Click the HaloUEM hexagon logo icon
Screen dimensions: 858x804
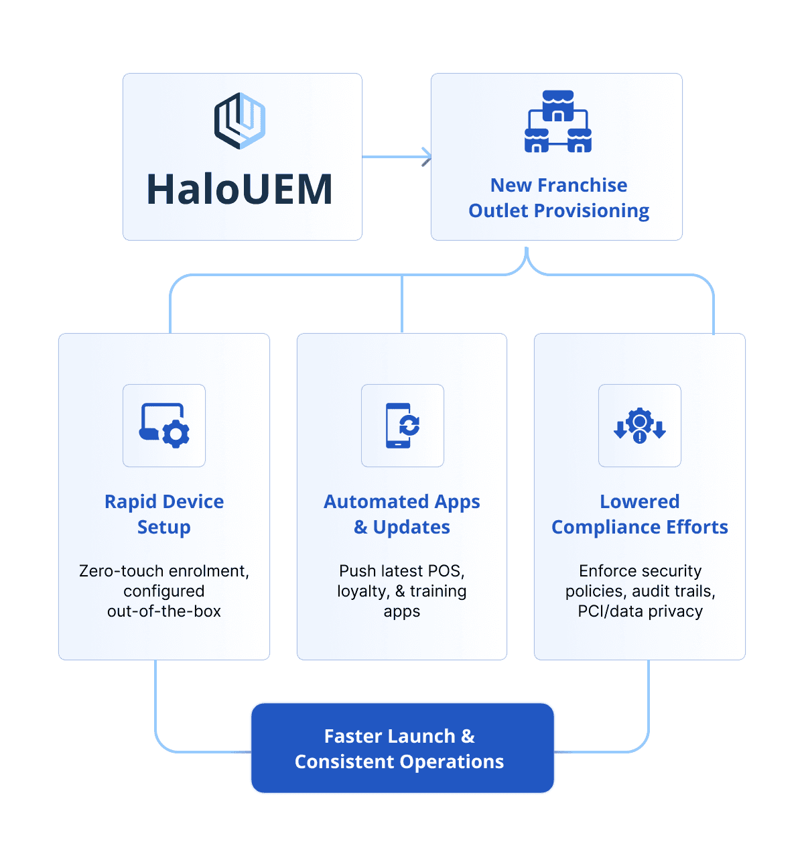240,121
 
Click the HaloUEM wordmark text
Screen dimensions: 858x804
240,189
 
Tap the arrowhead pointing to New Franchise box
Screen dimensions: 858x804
427,157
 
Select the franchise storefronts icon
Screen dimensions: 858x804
557,122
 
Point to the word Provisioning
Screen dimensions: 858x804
592,211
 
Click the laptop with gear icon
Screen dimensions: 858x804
164,426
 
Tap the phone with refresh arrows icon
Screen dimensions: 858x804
402,426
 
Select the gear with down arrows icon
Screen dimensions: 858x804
640,426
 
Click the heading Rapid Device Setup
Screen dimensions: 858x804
164,514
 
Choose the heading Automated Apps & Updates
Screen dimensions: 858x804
402,514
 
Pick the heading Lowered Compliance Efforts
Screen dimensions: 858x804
640,514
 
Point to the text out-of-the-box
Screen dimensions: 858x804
164,611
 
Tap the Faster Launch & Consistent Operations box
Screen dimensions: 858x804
402,748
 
